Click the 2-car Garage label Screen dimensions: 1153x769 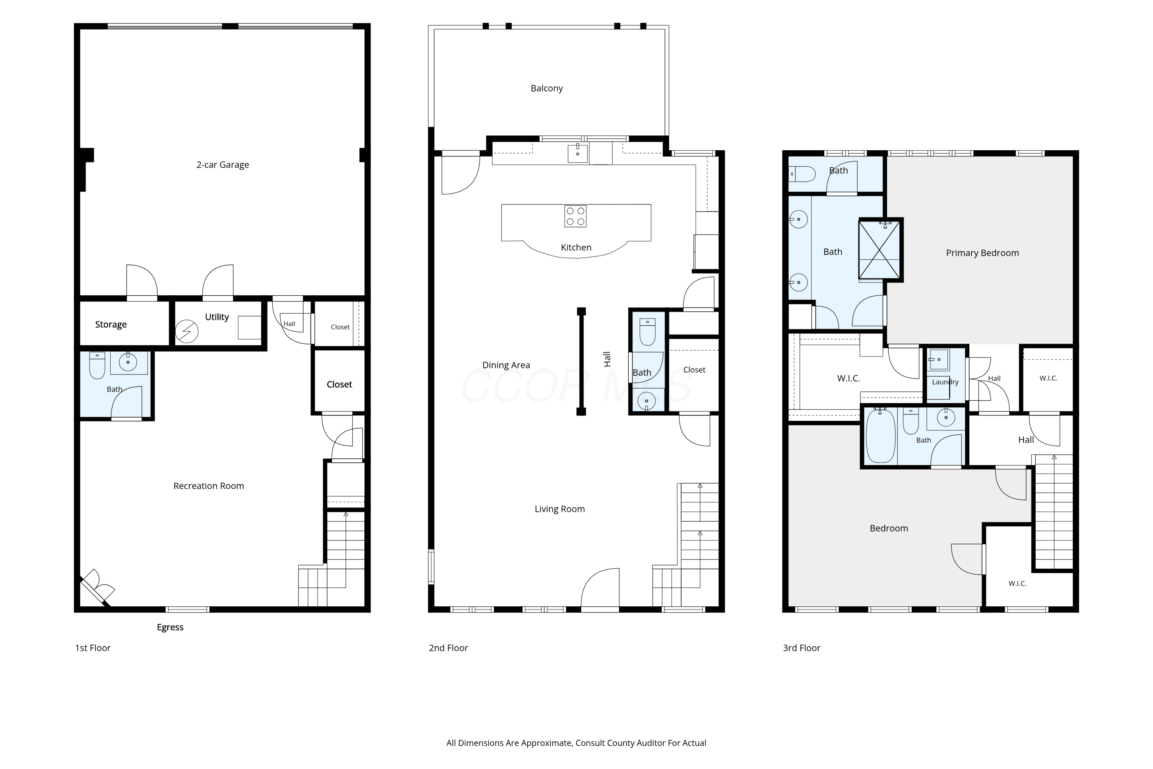tap(223, 165)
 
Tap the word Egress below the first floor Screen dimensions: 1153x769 tap(170, 627)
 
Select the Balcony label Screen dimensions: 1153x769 tap(547, 88)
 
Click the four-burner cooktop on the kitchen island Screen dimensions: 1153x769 tap(575, 216)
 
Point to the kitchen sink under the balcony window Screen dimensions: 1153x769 tap(578, 153)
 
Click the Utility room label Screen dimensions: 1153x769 tap(217, 317)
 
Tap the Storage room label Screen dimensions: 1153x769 tap(111, 324)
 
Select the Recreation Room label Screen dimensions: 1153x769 tap(209, 486)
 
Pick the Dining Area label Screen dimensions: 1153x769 tap(506, 365)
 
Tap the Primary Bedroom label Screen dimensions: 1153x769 tap(982, 253)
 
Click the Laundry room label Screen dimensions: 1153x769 tap(945, 382)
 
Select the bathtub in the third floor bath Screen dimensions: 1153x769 tap(881, 436)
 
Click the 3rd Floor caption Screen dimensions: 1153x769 tap(801, 648)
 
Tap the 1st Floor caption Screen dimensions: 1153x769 tap(93, 648)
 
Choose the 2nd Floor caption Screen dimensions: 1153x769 tap(448, 648)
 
